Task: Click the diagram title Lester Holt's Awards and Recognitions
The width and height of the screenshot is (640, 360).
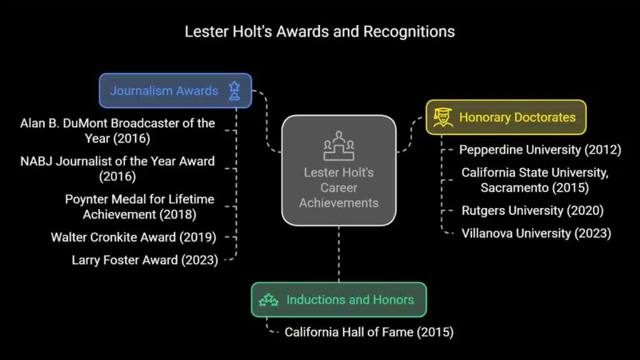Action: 319,32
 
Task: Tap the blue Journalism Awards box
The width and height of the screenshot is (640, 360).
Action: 176,91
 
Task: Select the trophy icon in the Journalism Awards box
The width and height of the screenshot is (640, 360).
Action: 234,91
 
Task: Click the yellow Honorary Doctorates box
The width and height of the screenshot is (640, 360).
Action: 506,117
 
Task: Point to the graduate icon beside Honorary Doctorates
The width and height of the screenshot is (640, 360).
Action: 443,117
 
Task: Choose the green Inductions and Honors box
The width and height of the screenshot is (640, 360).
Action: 339,299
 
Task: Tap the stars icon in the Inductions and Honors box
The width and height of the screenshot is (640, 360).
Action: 269,300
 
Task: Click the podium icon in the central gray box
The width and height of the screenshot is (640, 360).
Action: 339,146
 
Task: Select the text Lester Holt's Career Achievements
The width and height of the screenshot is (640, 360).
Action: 339,187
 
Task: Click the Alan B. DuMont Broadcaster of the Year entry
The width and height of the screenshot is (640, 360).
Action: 117,131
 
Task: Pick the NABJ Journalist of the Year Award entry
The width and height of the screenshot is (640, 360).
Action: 117,169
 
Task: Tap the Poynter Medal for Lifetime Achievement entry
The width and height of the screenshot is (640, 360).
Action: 139,206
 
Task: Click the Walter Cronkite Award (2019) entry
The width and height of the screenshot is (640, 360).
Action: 134,237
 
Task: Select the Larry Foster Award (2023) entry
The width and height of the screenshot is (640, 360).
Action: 145,260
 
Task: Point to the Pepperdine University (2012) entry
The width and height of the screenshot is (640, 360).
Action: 540,150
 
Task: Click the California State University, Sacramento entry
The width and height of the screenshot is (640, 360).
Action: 535,180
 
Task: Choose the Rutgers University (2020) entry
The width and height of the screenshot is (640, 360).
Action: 532,211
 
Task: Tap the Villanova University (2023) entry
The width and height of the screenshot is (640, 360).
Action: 536,234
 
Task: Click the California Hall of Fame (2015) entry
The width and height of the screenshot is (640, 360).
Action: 369,332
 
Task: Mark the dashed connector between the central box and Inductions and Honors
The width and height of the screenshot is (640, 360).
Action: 339,254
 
